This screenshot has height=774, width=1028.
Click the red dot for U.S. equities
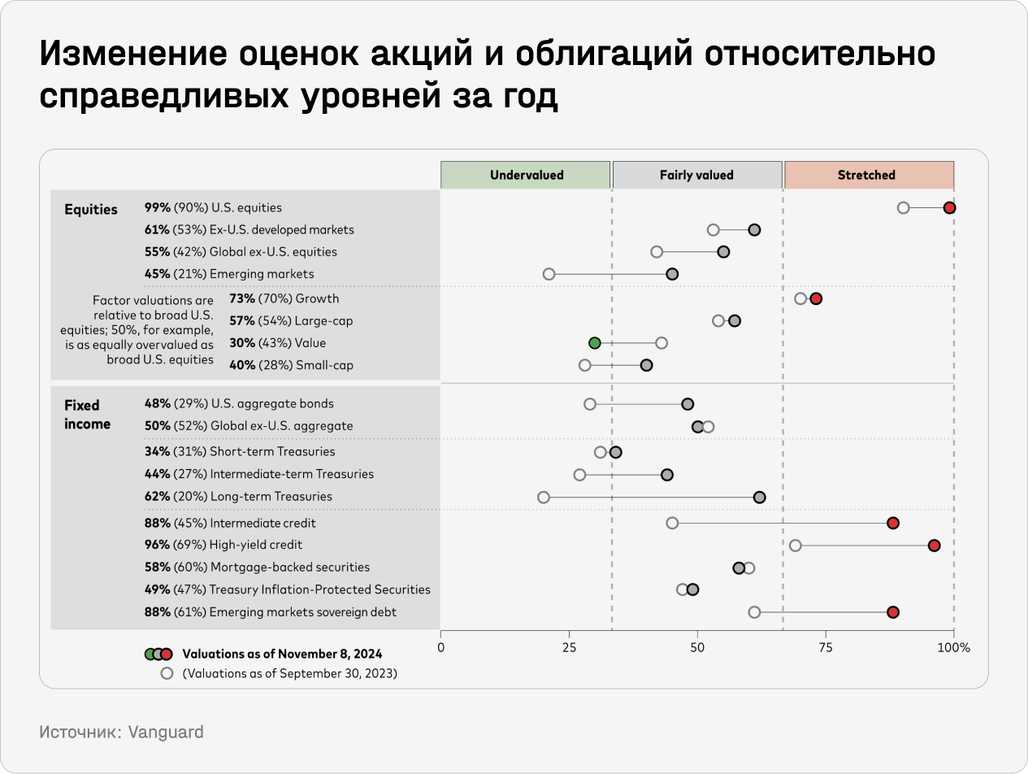[x=949, y=207]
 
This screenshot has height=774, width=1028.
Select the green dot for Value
[x=594, y=343]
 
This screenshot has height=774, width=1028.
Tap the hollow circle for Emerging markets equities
[x=549, y=274]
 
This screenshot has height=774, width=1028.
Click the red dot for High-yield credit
[x=934, y=545]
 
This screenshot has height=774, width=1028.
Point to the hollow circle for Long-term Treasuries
[x=544, y=497]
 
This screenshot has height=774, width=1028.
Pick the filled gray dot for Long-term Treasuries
[x=759, y=497]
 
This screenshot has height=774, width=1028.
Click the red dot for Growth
[x=816, y=298]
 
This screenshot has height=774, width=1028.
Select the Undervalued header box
[x=526, y=175]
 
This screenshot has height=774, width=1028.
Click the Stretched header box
[x=867, y=175]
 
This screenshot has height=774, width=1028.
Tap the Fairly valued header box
[x=696, y=175]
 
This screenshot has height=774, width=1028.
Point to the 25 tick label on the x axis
[x=569, y=648]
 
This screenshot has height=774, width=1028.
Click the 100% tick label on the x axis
[x=953, y=648]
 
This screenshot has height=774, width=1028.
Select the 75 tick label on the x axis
[x=826, y=648]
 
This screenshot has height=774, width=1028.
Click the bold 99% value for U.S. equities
[x=157, y=208]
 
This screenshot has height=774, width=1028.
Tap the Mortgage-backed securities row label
[x=289, y=567]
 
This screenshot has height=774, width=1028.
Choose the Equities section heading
[x=91, y=210]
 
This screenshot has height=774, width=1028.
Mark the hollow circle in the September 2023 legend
[x=167, y=673]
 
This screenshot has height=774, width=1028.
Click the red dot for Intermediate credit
[x=892, y=523]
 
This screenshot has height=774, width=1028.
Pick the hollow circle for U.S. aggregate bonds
[x=590, y=404]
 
